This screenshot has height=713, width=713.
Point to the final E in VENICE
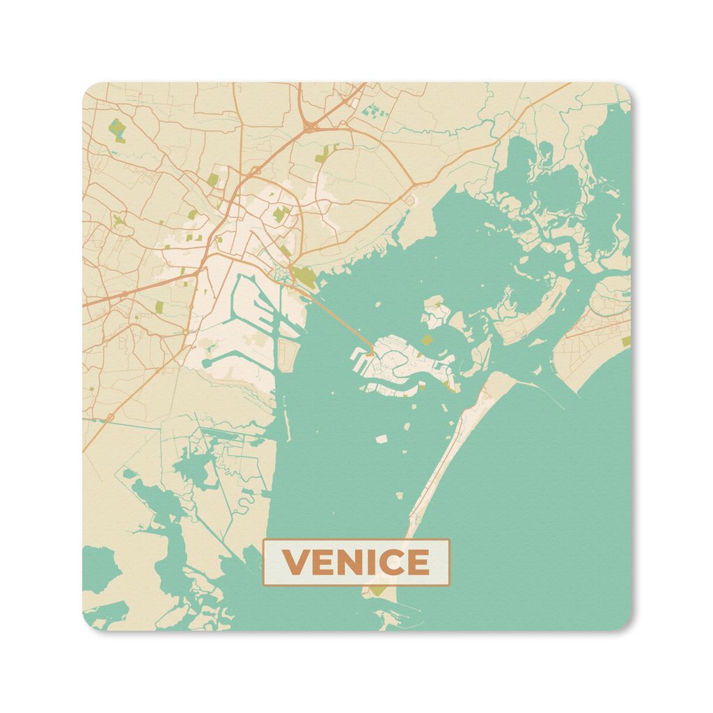pos(417,563)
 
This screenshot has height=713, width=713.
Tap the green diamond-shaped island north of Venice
pos(427,340)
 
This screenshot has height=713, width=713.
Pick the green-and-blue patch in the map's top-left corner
pos(118,130)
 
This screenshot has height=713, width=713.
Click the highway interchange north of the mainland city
pos(308,127)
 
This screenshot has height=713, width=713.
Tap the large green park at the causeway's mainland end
pos(303,276)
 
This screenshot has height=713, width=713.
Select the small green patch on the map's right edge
pos(626,340)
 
